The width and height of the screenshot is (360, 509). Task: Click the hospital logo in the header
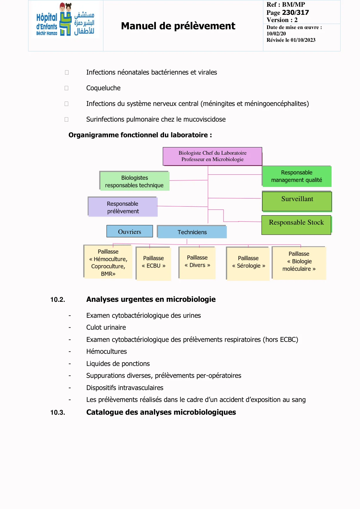(x=65, y=20)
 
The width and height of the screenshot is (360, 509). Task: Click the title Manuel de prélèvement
(x=178, y=26)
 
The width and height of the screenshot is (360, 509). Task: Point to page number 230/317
(x=295, y=12)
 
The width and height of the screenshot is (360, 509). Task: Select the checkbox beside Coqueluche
(x=66, y=88)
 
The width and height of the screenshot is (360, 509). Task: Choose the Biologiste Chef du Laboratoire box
(x=212, y=156)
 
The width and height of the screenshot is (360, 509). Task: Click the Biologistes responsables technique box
(x=134, y=181)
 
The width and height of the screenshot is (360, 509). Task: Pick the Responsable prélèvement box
(x=123, y=207)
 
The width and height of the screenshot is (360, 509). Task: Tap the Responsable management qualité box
(x=296, y=176)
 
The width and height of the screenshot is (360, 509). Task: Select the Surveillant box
(x=297, y=201)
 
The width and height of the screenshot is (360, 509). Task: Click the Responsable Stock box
(x=296, y=225)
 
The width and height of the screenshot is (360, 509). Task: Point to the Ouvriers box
(x=129, y=232)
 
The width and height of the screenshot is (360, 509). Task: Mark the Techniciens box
(x=192, y=232)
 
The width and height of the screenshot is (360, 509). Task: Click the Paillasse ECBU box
(x=154, y=263)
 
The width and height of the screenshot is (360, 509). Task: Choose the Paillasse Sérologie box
(x=248, y=263)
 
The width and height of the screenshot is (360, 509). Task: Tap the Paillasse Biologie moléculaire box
(x=299, y=262)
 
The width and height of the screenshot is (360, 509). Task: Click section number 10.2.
(x=57, y=299)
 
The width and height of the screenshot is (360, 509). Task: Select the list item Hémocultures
(x=107, y=351)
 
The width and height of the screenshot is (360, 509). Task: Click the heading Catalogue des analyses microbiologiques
(x=161, y=412)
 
